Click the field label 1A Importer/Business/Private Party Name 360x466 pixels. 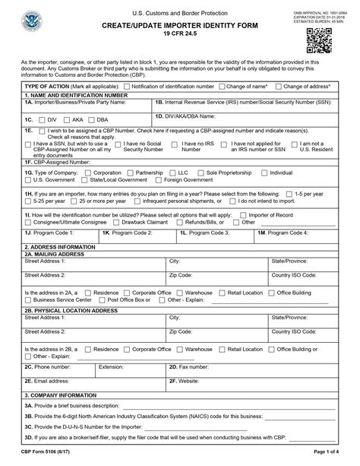point(75,101)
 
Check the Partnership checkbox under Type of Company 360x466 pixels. point(140,173)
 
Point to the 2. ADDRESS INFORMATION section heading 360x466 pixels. point(60,247)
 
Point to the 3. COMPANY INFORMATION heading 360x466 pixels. point(60,395)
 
